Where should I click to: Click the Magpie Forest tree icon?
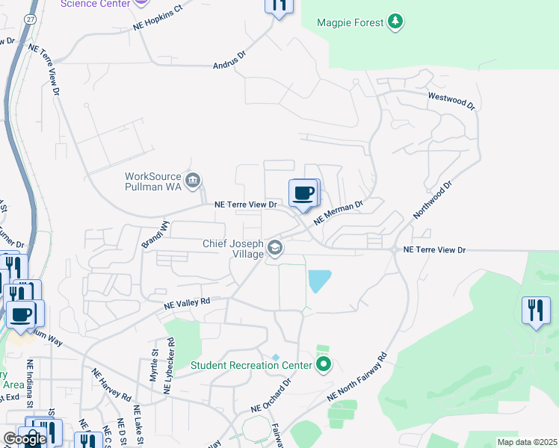396,22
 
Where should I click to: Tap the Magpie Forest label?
349,22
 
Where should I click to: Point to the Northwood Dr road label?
433,199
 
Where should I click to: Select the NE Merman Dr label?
338,211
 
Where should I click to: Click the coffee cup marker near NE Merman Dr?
303,194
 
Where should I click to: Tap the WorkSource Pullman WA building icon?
193,179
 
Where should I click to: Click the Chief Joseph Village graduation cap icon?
276,248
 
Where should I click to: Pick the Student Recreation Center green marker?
324,365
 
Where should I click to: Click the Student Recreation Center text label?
250,365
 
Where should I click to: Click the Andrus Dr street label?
230,60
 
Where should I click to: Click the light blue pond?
318,281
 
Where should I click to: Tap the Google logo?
25,439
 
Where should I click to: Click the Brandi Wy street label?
156,234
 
